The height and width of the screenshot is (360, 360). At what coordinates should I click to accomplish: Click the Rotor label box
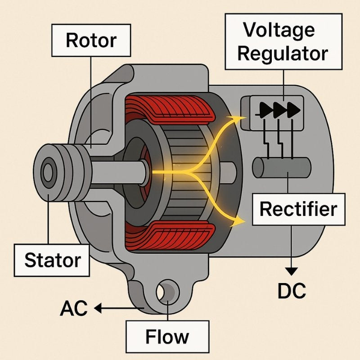[91, 40]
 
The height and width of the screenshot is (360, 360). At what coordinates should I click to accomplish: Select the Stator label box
[52, 260]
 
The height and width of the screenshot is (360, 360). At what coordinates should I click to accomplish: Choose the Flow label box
[167, 336]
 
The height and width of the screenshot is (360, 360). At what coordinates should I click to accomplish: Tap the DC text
[292, 291]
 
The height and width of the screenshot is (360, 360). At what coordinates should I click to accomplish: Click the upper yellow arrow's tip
[243, 118]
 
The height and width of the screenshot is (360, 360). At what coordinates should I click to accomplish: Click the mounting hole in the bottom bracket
[167, 293]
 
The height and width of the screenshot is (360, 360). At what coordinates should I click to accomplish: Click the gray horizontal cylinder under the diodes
[281, 168]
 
